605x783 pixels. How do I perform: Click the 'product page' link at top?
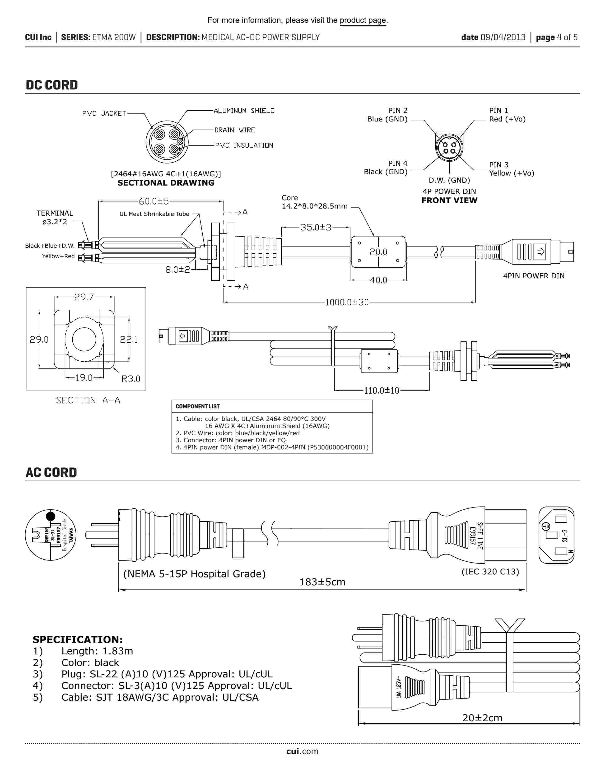coord(363,20)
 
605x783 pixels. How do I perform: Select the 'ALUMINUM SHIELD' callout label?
coord(244,111)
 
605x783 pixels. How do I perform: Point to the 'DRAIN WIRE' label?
coord(234,130)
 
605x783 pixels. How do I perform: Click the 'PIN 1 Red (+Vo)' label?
coord(507,115)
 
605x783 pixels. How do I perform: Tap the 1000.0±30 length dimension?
coord(347,302)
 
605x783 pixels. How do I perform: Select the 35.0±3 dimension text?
coord(316,227)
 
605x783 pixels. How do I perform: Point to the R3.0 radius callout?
coord(130,379)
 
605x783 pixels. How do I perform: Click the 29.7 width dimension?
coord(84,297)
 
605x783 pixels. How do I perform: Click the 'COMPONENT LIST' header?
coord(197,406)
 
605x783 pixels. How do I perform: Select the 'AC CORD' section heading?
coord(51,472)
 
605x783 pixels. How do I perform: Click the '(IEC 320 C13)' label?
coord(490,572)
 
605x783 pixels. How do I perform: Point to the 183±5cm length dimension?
coord(322,582)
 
